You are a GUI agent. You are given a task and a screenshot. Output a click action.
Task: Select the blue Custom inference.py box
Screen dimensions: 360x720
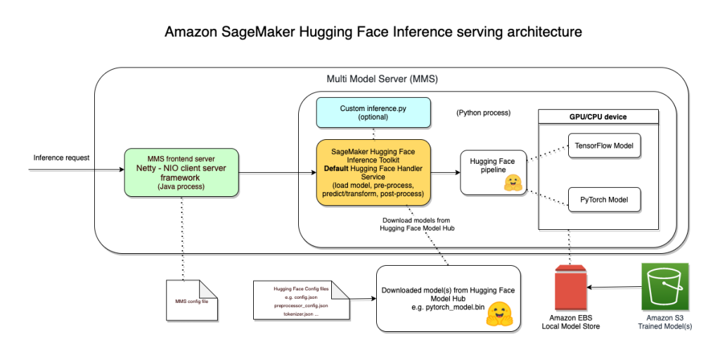(x=373, y=113)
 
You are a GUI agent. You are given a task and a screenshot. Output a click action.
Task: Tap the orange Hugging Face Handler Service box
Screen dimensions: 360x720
(x=373, y=172)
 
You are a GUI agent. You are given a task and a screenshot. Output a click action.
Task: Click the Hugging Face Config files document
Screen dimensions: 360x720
(x=301, y=300)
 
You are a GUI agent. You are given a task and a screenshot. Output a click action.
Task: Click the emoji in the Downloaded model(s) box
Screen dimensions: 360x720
(x=499, y=314)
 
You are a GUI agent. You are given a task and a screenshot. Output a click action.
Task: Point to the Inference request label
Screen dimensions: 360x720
(x=62, y=157)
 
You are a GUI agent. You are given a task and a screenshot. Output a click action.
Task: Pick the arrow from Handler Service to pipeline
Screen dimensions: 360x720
(x=445, y=172)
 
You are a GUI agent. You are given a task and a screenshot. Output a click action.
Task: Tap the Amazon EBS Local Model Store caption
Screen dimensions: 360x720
(x=571, y=321)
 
